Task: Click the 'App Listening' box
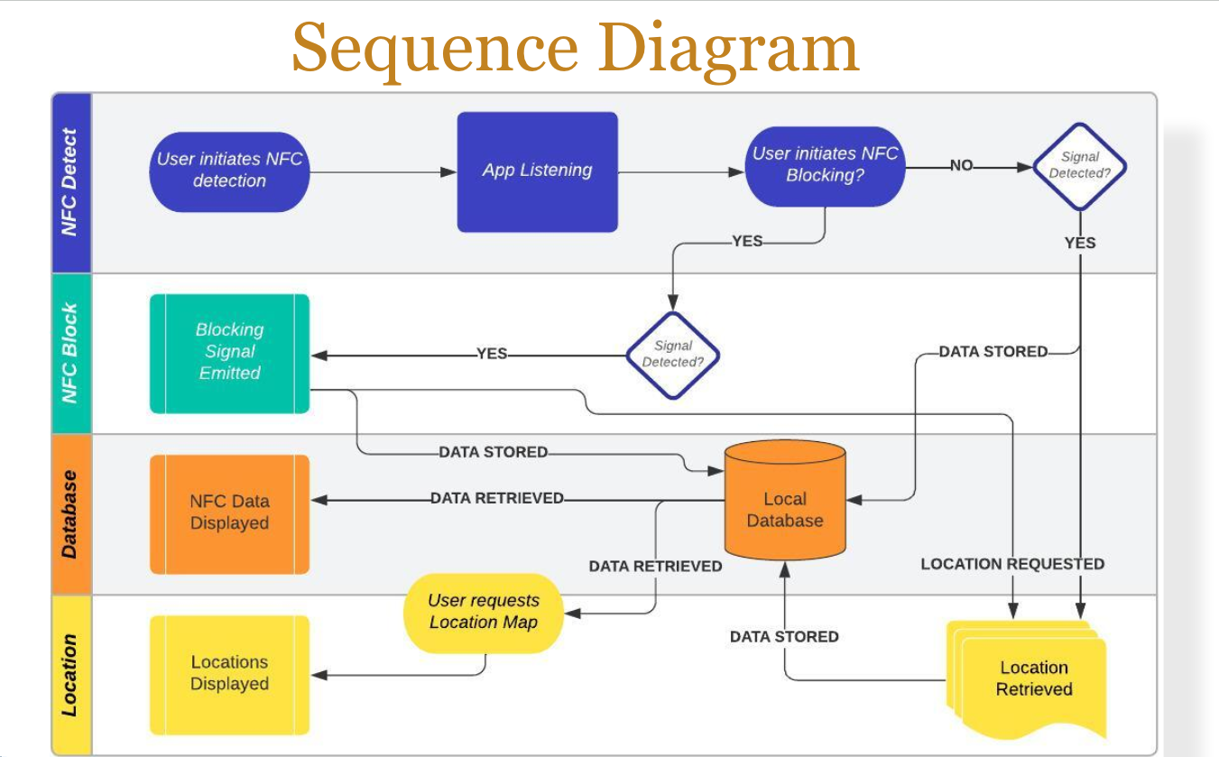point(538,172)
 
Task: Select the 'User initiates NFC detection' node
point(230,172)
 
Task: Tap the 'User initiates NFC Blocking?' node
point(825,167)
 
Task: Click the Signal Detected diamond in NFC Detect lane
point(1080,167)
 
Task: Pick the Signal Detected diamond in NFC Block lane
point(673,355)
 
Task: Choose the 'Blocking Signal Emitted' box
point(230,354)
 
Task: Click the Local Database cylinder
point(785,500)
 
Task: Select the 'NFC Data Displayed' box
point(230,514)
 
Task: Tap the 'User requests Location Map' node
point(484,614)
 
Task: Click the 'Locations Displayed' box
point(230,675)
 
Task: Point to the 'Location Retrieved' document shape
point(1028,679)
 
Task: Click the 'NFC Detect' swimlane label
point(69,182)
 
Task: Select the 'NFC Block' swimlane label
point(69,353)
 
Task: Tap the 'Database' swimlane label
point(69,514)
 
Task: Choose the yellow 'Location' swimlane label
point(69,675)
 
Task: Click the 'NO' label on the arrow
point(962,165)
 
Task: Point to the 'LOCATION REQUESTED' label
point(1012,564)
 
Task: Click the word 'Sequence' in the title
point(434,48)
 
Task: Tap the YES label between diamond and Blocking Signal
point(492,354)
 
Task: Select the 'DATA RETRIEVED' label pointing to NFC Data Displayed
point(497,498)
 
